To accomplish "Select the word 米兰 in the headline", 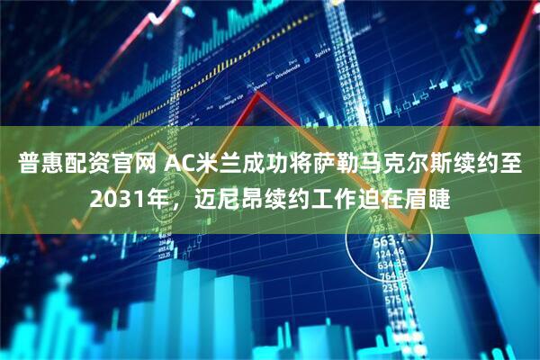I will (222, 164).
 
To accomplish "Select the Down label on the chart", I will (260, 86).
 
